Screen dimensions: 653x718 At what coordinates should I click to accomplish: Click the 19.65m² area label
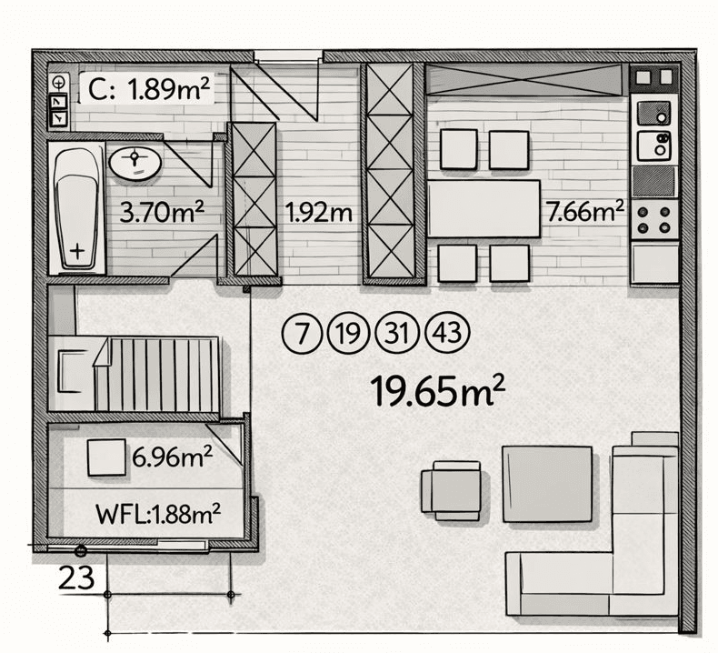pos(437,392)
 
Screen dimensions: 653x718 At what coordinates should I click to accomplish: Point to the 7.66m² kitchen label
pos(584,213)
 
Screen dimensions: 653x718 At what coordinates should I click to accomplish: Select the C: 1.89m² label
pos(150,89)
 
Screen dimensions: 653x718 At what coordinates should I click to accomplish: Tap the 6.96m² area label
pos(172,456)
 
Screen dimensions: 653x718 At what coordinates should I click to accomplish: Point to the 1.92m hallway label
pos(319,214)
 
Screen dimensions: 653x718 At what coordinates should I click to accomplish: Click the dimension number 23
pos(78,576)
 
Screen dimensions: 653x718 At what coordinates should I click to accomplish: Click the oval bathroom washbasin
pos(135,164)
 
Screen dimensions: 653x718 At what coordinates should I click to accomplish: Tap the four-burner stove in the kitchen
pos(654,218)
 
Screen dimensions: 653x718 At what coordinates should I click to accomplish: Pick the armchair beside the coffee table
pos(451,489)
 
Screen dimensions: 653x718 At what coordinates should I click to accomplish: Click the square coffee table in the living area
pos(547,483)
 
